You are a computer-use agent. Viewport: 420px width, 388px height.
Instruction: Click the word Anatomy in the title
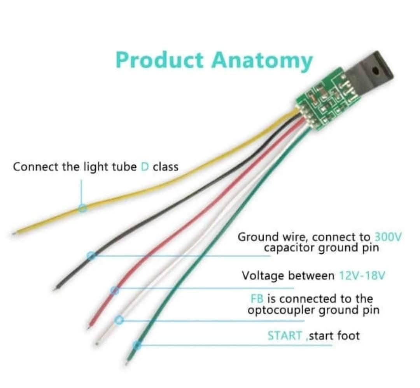[x=262, y=61]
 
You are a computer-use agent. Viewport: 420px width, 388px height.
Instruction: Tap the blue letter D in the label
[x=144, y=167]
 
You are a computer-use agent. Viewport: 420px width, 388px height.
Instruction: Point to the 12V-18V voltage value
[x=362, y=276]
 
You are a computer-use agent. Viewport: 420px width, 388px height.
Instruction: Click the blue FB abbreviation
[x=257, y=299]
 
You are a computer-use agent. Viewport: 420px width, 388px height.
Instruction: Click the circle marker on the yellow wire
[x=82, y=208]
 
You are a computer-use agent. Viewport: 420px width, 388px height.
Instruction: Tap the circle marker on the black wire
[x=91, y=256]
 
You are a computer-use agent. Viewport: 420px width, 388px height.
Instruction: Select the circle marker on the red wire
[x=114, y=290]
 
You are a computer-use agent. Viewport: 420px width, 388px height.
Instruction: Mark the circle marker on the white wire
[x=120, y=320]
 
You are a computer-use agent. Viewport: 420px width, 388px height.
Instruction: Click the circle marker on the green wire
[x=136, y=345]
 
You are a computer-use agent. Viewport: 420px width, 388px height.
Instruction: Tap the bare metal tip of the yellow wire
[x=14, y=234]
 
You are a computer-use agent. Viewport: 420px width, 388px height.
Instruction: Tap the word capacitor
[x=290, y=248]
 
